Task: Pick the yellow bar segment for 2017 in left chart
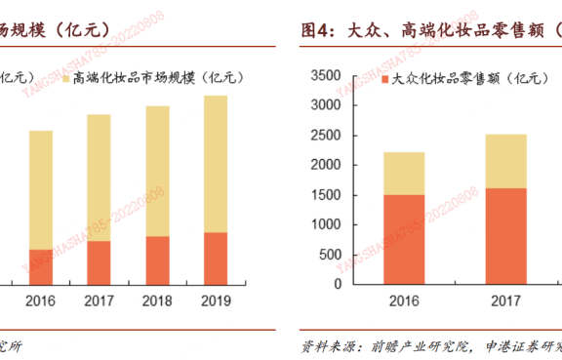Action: tap(99, 177)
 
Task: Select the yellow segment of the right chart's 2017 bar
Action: tap(505, 161)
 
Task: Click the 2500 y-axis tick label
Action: tap(326, 135)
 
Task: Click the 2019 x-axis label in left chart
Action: tap(216, 300)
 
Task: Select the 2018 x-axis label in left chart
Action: tap(157, 300)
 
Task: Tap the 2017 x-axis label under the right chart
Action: tap(505, 301)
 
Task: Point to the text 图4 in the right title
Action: tap(318, 31)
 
